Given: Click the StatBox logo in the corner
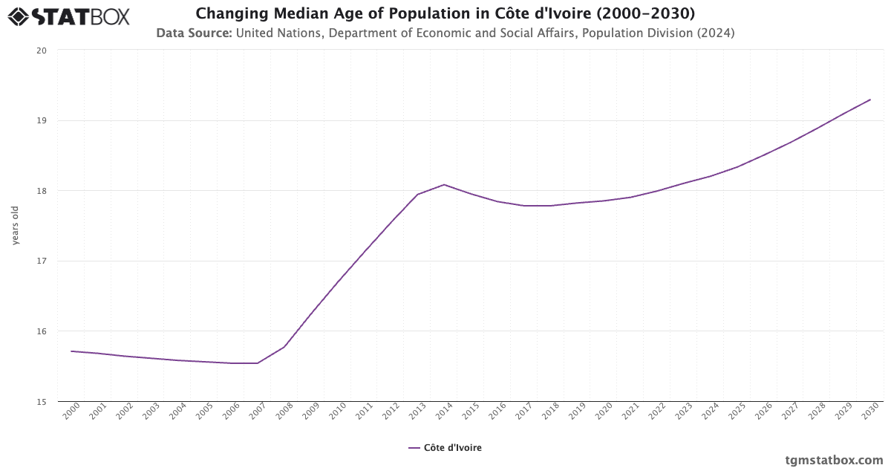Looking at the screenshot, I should pyautogui.click(x=68, y=16).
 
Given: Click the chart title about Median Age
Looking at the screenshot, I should pyautogui.click(x=446, y=14).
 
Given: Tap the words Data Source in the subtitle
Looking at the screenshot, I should pyautogui.click(x=194, y=33).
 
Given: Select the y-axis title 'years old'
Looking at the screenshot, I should pyautogui.click(x=16, y=225).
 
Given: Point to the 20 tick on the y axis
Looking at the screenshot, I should pyautogui.click(x=42, y=51).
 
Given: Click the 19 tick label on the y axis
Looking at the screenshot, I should pyautogui.click(x=42, y=120).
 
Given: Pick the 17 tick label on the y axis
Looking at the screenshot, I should pyautogui.click(x=42, y=261).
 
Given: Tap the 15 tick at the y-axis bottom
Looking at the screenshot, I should pyautogui.click(x=42, y=401).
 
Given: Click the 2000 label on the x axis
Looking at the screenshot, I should pyautogui.click(x=71, y=412).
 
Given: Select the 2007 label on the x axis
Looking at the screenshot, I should pyautogui.click(x=258, y=412).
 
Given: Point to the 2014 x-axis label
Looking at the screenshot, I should pyautogui.click(x=444, y=412).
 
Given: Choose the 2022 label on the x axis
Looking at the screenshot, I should pyautogui.click(x=657, y=412).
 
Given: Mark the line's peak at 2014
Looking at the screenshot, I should pyautogui.click(x=444, y=184).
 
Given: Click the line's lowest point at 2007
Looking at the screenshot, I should pyautogui.click(x=258, y=363).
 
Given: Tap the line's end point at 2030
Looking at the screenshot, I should pyautogui.click(x=870, y=100).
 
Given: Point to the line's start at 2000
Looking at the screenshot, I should pyautogui.click(x=71, y=351).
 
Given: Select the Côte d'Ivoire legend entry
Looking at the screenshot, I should pyautogui.click(x=446, y=448).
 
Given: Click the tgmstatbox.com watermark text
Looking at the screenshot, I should pyautogui.click(x=835, y=460).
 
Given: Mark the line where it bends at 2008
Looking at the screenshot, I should pyautogui.click(x=284, y=346).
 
